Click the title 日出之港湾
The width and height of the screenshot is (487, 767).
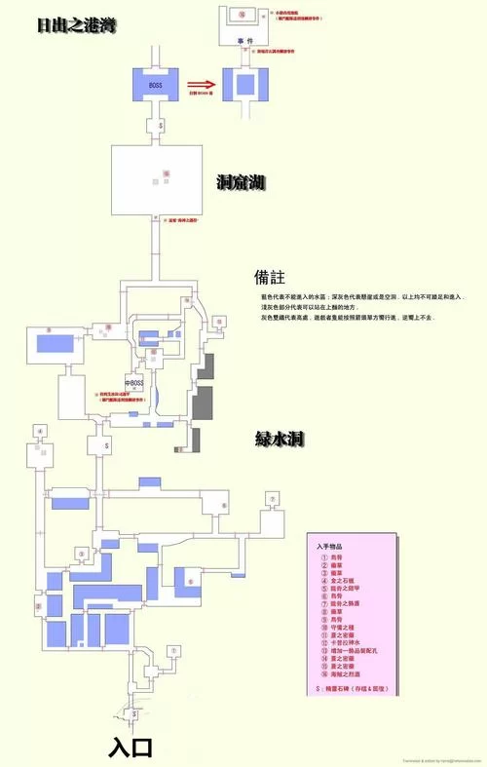point(76,25)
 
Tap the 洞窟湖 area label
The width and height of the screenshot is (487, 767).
point(242,182)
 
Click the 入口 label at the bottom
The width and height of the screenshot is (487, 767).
point(133,747)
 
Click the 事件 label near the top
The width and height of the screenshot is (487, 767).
point(244,40)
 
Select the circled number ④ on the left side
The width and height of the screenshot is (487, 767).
point(41,430)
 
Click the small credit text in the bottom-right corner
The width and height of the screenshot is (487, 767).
point(438,761)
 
